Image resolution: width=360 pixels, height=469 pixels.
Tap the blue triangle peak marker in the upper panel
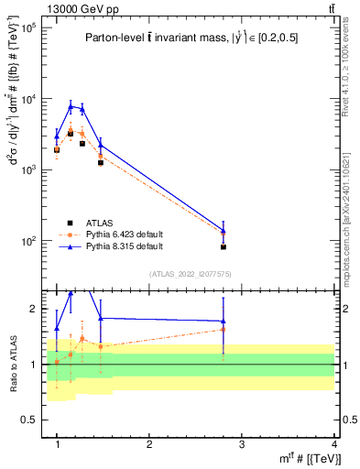click(x=71, y=106)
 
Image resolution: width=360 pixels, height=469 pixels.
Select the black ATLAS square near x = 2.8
click(x=224, y=246)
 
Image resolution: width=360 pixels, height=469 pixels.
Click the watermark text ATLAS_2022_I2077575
click(x=190, y=274)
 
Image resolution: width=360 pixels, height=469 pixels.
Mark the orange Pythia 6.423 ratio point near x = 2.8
click(x=224, y=330)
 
